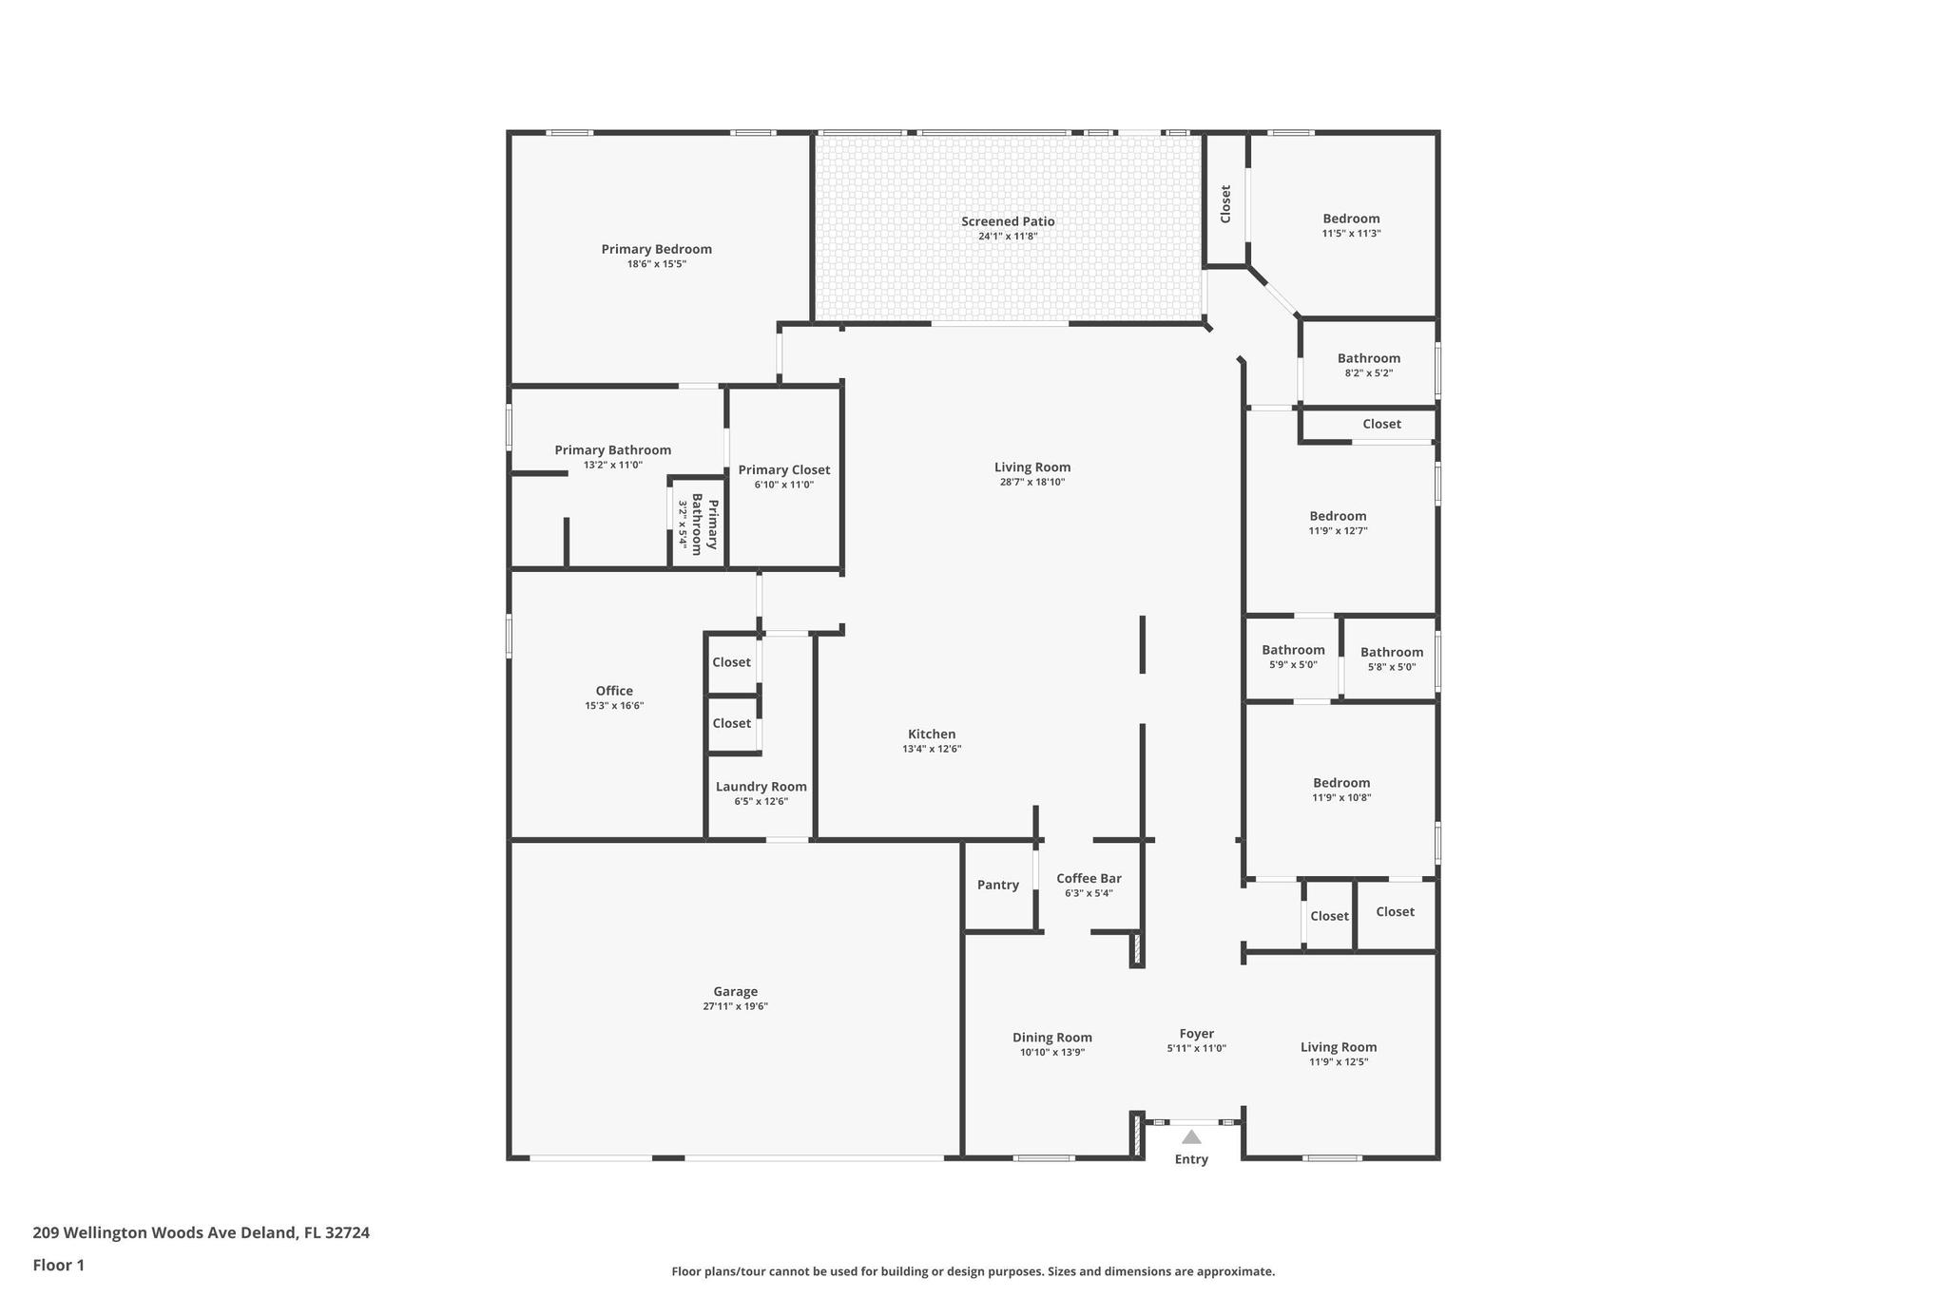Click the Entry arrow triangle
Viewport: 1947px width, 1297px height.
point(1191,1136)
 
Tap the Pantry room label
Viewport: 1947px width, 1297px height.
point(998,885)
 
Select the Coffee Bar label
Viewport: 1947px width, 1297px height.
point(1089,878)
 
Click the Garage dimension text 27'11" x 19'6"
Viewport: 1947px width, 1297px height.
point(736,1006)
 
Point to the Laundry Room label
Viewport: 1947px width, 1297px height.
point(761,787)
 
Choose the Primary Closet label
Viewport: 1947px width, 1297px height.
point(784,469)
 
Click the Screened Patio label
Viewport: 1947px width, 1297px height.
point(1008,221)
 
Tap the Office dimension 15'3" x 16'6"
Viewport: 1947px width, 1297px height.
point(614,706)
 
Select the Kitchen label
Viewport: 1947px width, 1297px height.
point(932,734)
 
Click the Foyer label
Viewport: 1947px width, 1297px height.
point(1197,1034)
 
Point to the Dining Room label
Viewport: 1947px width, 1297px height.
point(1052,1038)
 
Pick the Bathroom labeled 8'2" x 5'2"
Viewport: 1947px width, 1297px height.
point(1369,358)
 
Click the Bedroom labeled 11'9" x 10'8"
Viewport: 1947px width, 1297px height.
point(1341,783)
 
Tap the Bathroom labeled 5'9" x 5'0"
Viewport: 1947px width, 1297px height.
point(1293,650)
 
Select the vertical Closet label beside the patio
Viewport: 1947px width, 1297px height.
point(1225,204)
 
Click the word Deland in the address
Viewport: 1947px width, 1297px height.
point(275,1233)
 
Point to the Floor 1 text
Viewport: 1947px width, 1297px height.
point(59,1266)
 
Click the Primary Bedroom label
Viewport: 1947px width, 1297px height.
point(656,249)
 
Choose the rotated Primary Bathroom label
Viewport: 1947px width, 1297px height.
point(704,525)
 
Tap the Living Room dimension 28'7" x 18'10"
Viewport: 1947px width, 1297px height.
point(1032,482)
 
